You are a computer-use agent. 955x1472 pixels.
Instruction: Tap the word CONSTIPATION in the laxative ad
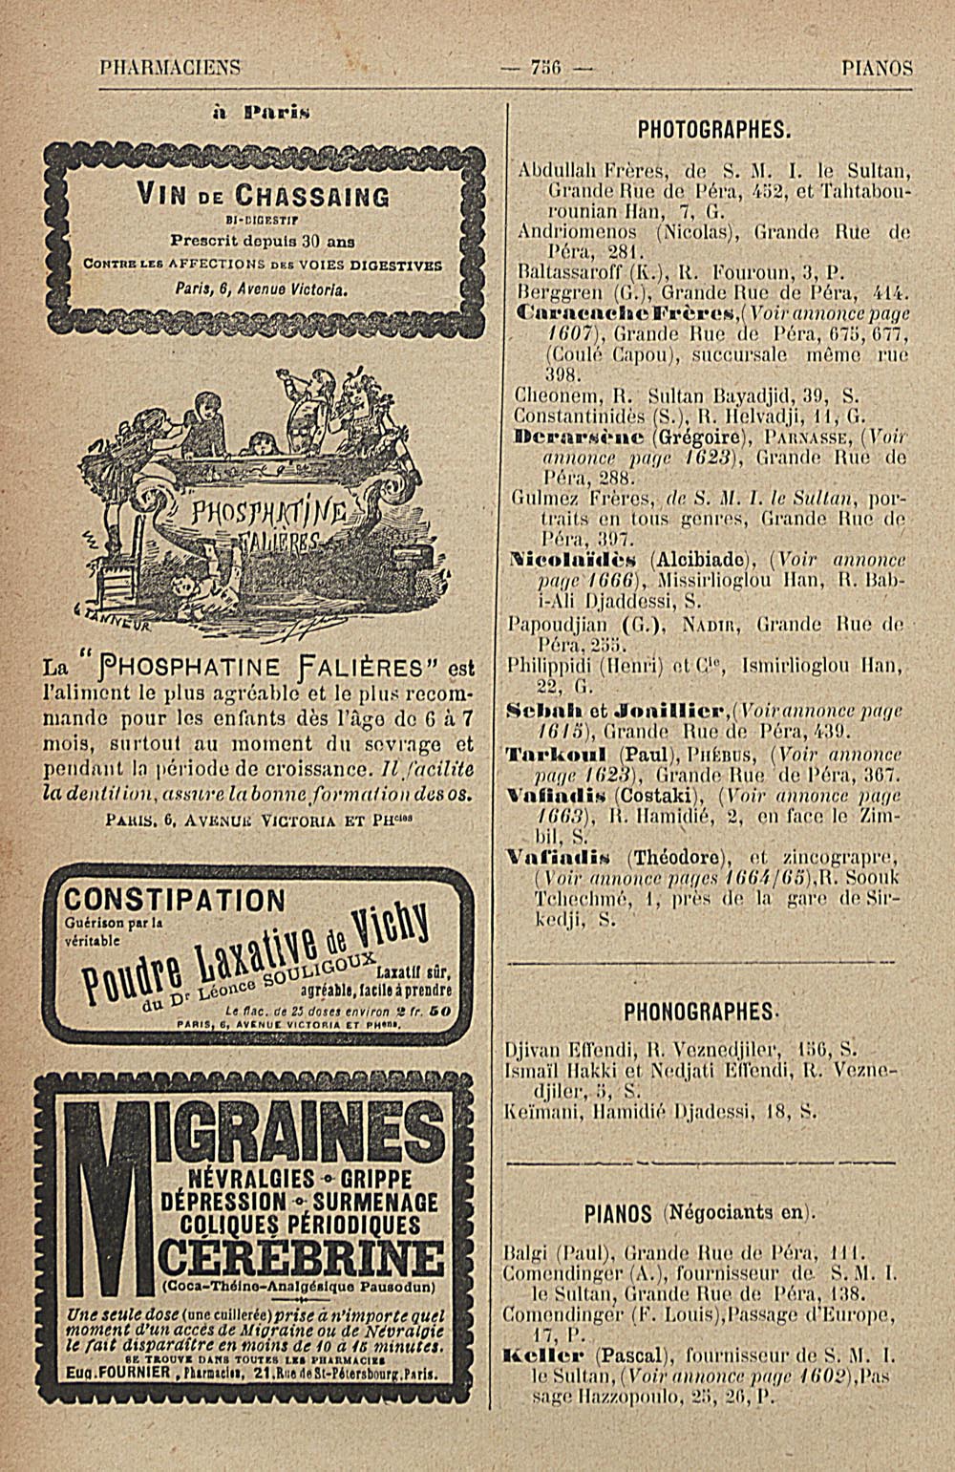173,900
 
